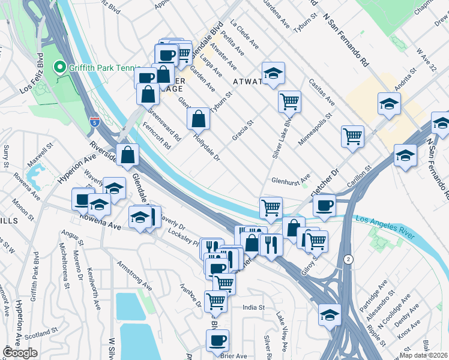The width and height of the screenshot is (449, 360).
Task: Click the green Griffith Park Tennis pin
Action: click(59, 68)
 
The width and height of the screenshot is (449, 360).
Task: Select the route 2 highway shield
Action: click(348, 259)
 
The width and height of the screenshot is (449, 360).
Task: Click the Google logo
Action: click(20, 353)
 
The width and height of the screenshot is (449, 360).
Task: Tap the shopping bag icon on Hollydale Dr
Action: click(198, 119)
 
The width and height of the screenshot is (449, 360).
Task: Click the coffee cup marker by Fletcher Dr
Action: click(324, 206)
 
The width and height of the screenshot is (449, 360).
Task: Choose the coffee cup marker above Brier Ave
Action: click(217, 340)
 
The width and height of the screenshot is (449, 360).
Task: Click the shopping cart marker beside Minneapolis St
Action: click(352, 136)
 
